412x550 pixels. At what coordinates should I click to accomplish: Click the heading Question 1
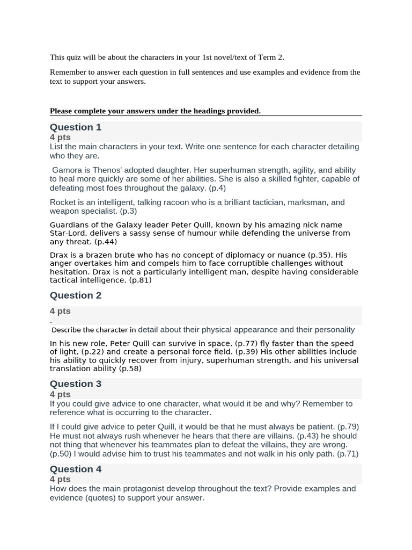pos(76,127)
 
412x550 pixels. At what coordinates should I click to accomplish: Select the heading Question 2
pos(76,295)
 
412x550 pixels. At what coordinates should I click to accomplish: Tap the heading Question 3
pos(76,384)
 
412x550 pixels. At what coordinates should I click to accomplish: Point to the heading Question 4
pos(76,469)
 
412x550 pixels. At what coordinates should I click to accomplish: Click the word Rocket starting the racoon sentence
pos(63,202)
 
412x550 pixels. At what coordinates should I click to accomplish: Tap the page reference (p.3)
pos(128,211)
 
